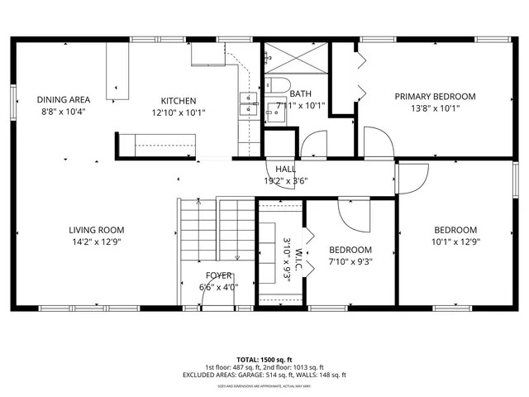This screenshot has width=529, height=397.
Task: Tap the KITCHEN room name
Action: point(179,101)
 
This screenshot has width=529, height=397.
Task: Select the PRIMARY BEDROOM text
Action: point(435,96)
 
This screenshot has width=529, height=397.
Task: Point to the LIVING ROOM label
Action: point(96,230)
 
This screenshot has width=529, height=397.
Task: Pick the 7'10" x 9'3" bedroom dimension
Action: point(350,261)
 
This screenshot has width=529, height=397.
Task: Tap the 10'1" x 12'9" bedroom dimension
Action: point(455,242)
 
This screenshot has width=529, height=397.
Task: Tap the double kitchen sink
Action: point(247,103)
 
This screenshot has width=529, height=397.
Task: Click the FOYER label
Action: point(218,275)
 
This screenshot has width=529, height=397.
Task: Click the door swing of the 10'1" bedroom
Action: point(412,177)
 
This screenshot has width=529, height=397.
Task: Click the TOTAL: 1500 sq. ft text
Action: point(264,360)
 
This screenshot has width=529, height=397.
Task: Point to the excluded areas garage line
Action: point(264,375)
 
